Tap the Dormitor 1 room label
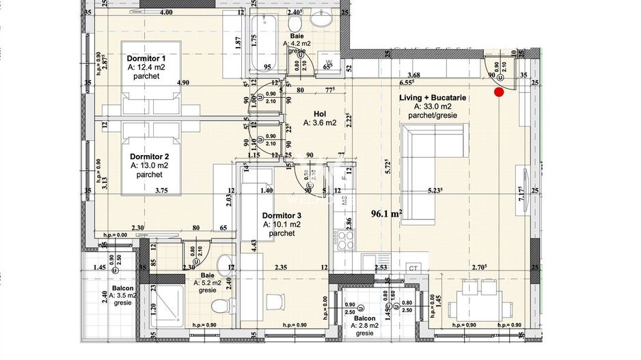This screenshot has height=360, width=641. point(146,59)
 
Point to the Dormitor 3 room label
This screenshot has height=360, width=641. point(282,214)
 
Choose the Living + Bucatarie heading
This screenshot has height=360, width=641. point(433,98)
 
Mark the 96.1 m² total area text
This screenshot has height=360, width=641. point(386,212)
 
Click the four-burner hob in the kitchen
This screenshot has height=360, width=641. point(343,241)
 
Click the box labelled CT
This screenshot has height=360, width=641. point(413,267)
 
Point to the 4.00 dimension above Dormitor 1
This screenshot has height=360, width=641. point(165,12)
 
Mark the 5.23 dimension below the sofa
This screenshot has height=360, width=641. point(435,191)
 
